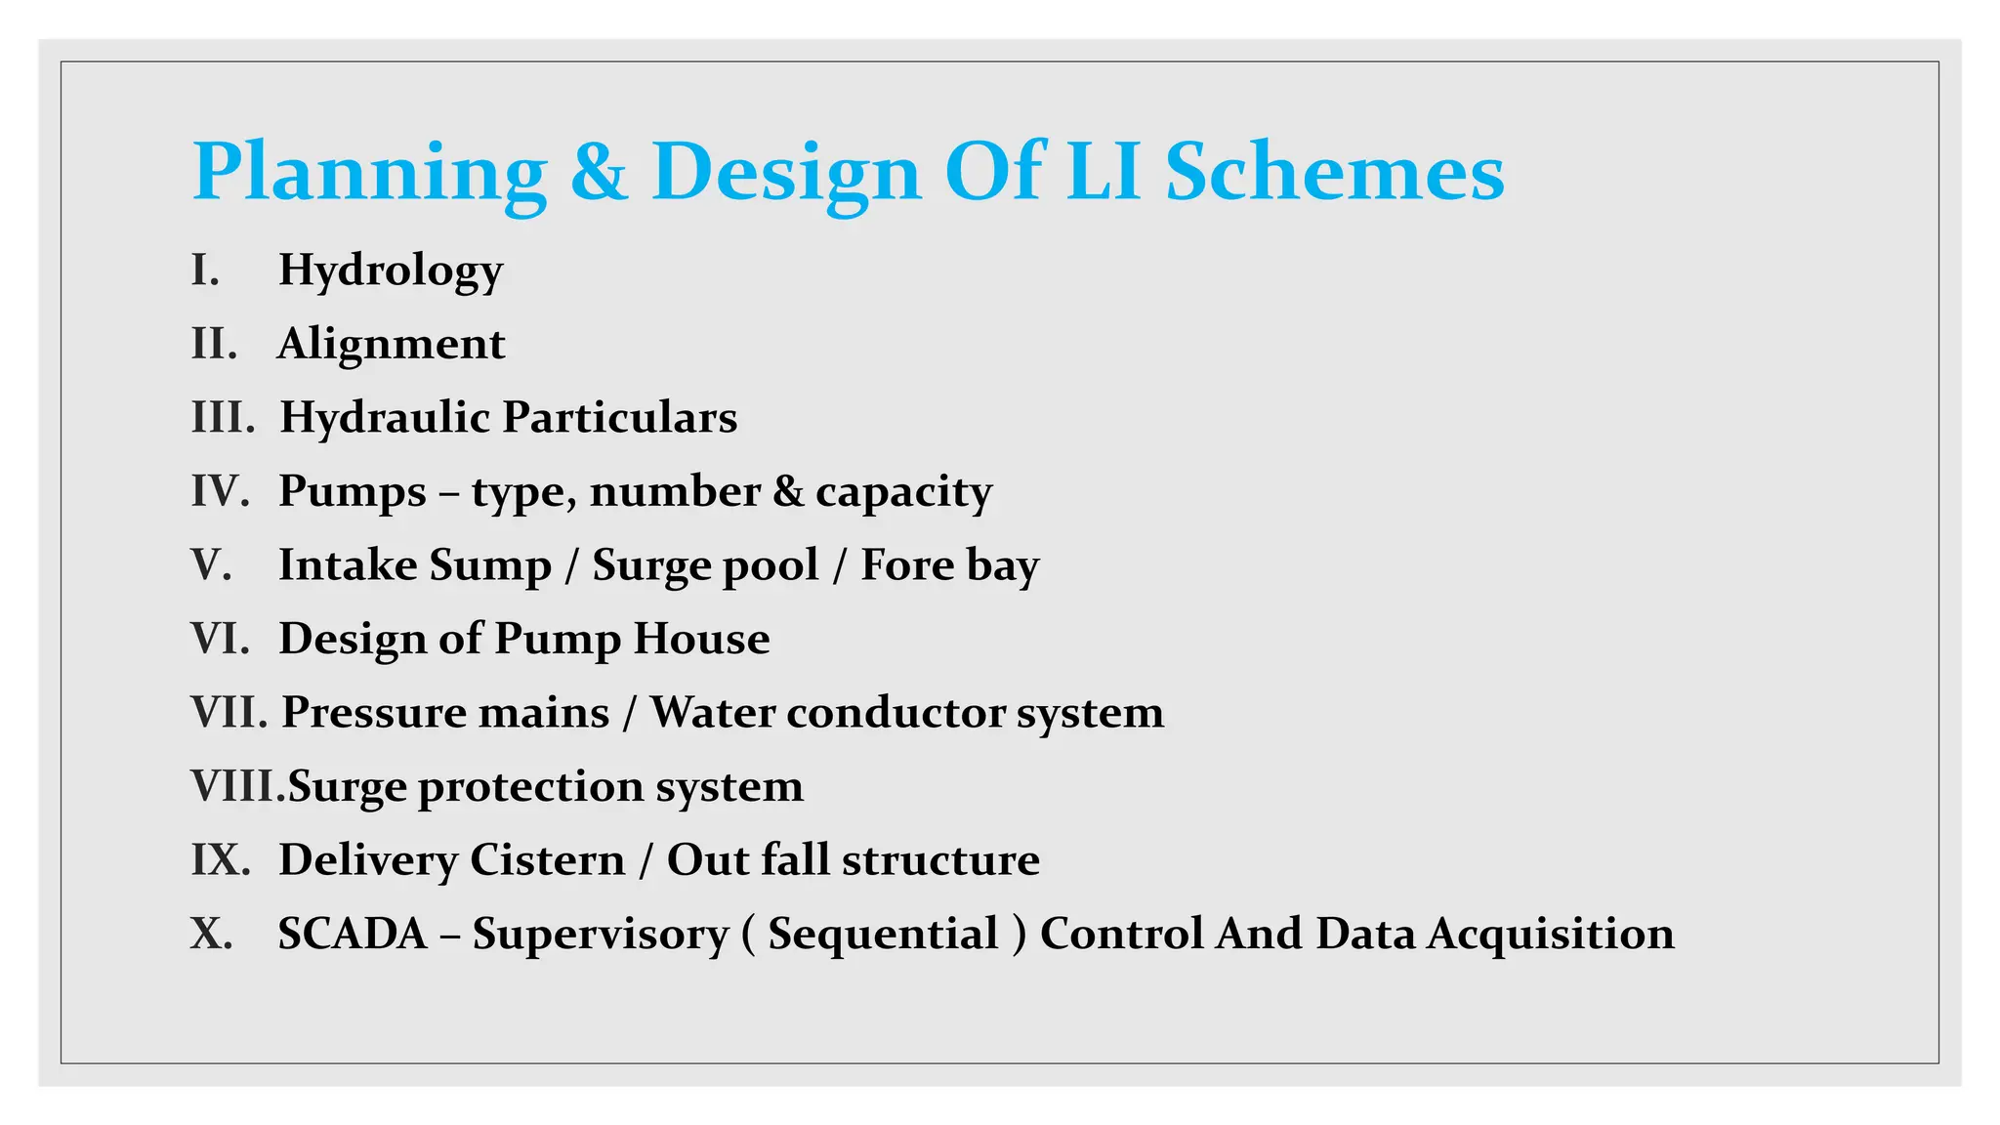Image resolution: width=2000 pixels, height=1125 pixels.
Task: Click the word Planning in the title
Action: (369, 174)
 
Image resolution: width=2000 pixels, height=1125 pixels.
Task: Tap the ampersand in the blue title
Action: (599, 172)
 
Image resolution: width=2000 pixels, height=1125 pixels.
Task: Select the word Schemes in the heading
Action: (1334, 172)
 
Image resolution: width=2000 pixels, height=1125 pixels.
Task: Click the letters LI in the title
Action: (1103, 172)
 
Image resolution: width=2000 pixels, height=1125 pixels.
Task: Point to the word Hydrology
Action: (391, 271)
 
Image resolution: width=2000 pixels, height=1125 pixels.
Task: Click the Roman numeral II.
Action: (214, 344)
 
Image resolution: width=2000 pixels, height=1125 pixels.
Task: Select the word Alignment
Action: (391, 344)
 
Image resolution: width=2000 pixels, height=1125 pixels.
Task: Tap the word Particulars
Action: (620, 418)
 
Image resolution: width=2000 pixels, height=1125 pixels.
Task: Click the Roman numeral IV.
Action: (220, 491)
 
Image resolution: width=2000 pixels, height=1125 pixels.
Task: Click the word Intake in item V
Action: (347, 565)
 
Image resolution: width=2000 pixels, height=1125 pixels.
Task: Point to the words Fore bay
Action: (949, 565)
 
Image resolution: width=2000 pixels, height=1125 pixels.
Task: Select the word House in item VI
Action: (701, 639)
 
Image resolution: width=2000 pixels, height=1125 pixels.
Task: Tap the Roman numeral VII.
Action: (229, 712)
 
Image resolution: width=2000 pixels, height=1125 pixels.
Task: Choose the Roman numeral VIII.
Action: (237, 786)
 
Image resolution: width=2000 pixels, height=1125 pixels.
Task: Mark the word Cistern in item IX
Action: (547, 860)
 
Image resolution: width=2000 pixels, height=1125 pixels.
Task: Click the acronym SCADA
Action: (353, 934)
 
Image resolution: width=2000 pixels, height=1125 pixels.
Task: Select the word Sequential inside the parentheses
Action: (883, 935)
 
